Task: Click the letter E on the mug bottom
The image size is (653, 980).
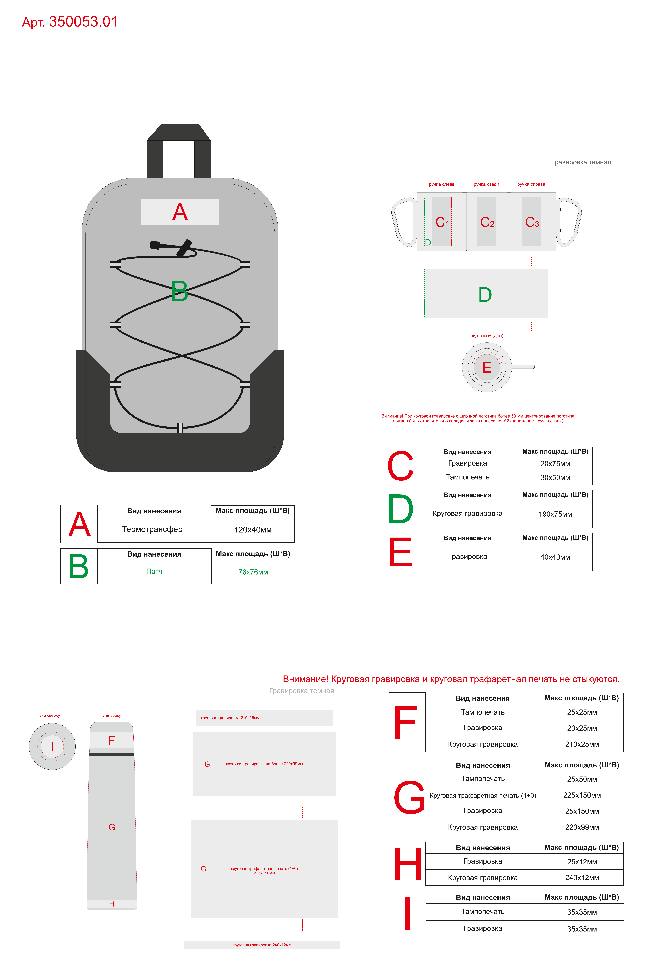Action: coord(487,367)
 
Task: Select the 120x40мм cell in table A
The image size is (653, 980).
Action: coord(253,530)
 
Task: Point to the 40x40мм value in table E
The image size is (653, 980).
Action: coord(555,557)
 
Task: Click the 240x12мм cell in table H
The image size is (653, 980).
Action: coord(582,877)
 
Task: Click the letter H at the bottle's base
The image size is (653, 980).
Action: coord(112,904)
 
